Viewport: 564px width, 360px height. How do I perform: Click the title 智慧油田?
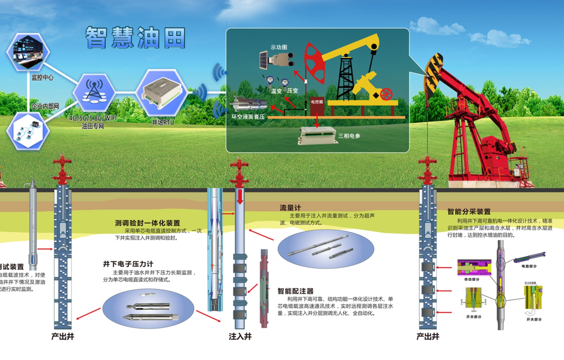pyautogui.click(x=136, y=38)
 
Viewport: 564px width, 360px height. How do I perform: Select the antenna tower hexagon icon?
pyautogui.click(x=93, y=92)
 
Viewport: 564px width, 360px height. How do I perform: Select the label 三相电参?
pyautogui.click(x=349, y=136)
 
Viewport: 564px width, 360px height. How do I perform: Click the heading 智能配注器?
pyautogui.click(x=296, y=291)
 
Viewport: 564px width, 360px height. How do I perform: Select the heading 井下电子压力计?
pyautogui.click(x=128, y=264)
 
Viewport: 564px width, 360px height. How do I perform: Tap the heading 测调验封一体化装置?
pyautogui.click(x=147, y=223)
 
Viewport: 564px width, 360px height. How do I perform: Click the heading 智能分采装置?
pyautogui.click(x=469, y=212)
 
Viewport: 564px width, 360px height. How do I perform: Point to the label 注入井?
pyautogui.click(x=240, y=336)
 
